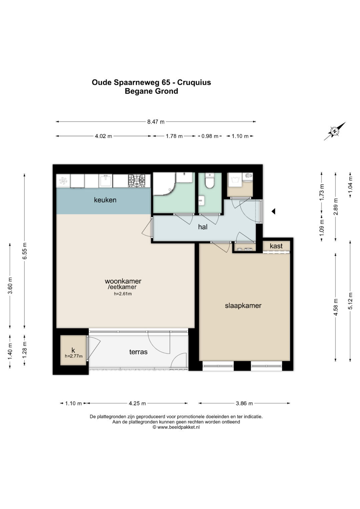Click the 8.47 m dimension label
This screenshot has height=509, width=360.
(x=156, y=122)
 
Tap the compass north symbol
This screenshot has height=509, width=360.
(x=335, y=131)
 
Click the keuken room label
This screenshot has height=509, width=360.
(x=105, y=200)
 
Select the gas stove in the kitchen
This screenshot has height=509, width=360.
(x=137, y=181)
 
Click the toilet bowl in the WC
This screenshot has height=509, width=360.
(x=209, y=181)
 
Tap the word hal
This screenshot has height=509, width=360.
(x=203, y=227)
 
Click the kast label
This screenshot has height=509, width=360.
(x=276, y=246)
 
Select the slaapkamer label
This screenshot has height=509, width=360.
(x=243, y=306)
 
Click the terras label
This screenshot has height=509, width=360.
(x=138, y=352)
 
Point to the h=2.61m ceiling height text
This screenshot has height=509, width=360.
(x=123, y=294)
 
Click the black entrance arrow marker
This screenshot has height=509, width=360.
(x=273, y=211)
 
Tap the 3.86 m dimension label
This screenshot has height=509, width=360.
(x=244, y=404)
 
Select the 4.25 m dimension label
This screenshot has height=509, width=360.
(x=137, y=404)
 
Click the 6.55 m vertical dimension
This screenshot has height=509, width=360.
(x=25, y=251)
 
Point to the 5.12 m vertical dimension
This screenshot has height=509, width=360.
(x=350, y=301)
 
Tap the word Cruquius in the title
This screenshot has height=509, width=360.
(x=194, y=82)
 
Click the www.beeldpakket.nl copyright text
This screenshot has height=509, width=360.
(x=176, y=427)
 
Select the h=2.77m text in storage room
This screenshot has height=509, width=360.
(x=74, y=356)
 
